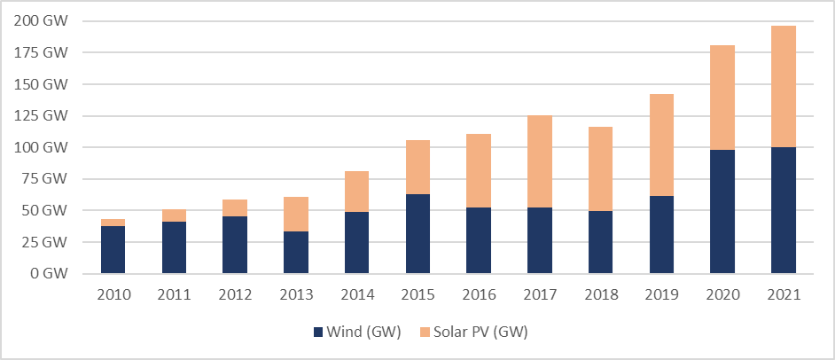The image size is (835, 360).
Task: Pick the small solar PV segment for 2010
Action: coord(113,223)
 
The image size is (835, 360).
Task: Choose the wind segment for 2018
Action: coord(600,242)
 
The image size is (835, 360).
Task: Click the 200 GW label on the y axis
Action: coord(42,21)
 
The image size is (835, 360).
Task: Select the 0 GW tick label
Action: coord(51,274)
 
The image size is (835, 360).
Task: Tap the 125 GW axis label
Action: coord(42,116)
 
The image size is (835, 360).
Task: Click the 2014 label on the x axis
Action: coord(357,294)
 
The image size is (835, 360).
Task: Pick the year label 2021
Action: coord(784,294)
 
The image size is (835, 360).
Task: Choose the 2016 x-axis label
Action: coord(479,294)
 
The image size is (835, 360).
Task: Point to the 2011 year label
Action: coord(174,294)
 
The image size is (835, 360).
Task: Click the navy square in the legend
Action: coord(319,333)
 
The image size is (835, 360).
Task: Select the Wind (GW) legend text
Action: coord(364,333)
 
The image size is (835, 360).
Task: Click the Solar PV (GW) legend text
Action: coord(485,333)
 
